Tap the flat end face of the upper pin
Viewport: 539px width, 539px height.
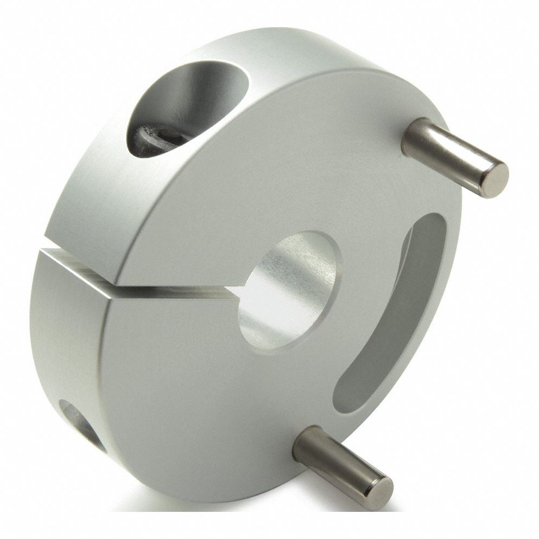pos(496,179)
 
